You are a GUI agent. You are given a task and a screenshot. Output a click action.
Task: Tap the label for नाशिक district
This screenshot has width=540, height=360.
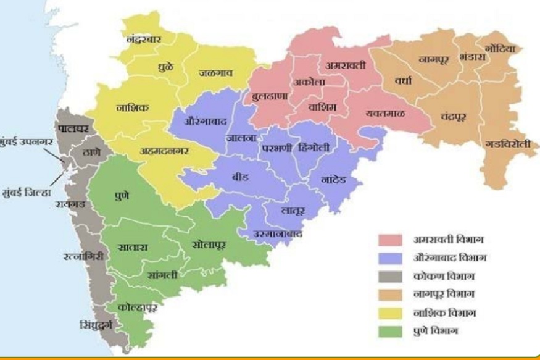point(132,107)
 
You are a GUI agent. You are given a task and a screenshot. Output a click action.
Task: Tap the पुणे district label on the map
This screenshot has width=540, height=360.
point(122,196)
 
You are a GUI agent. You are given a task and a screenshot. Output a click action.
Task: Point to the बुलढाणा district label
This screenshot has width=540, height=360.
point(273,97)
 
